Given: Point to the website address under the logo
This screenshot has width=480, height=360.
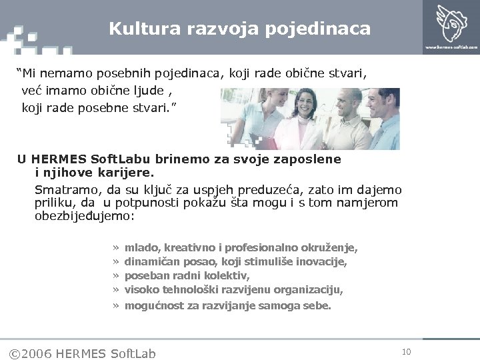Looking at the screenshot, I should [x=451, y=47].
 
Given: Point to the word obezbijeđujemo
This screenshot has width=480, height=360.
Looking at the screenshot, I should [x=84, y=217].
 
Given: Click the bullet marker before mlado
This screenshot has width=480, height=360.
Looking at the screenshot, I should [x=116, y=248].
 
